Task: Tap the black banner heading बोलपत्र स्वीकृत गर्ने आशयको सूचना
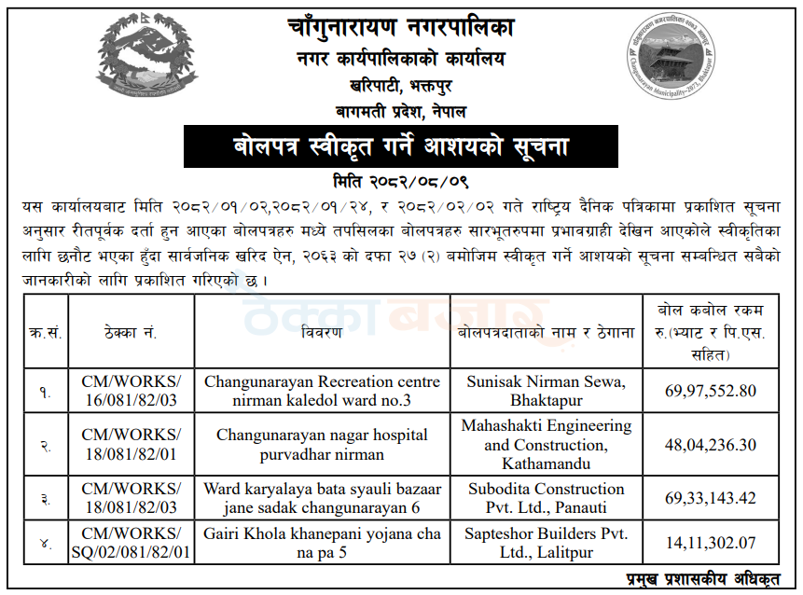click(x=400, y=147)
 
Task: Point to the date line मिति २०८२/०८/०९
click(x=401, y=179)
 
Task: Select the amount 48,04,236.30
click(x=712, y=445)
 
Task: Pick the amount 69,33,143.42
click(x=712, y=498)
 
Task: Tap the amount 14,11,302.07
click(x=712, y=542)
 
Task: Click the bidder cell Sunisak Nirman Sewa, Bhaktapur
click(x=546, y=391)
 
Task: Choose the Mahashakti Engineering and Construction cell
click(x=546, y=445)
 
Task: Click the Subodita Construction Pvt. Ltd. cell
click(x=546, y=498)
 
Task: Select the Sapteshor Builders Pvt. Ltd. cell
click(x=546, y=542)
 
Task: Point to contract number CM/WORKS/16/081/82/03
click(x=131, y=391)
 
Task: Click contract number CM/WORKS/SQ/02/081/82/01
click(x=131, y=542)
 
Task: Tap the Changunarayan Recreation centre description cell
click(x=322, y=391)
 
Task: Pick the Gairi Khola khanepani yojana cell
click(x=322, y=542)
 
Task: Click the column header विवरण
click(x=322, y=332)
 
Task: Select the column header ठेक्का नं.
click(x=131, y=332)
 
